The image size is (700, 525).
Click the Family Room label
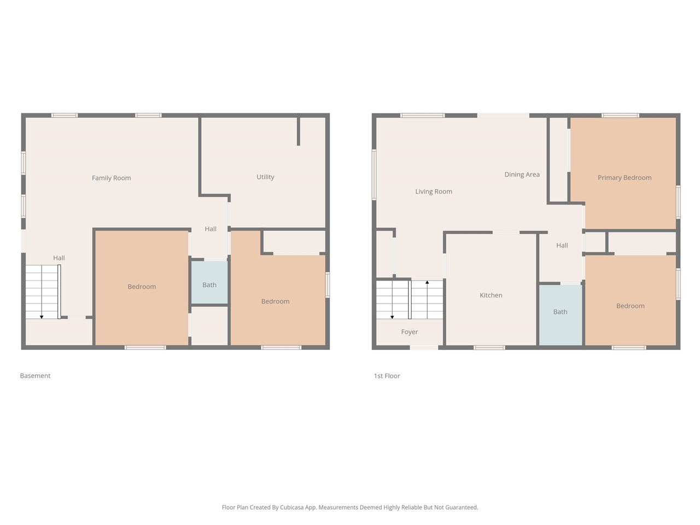point(111,178)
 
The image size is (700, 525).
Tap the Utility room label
point(265,177)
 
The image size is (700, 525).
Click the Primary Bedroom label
point(625,178)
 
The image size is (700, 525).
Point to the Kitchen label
point(491,295)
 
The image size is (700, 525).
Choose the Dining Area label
point(522,174)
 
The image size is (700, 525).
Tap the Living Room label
point(433,191)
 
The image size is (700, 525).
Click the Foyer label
point(409,332)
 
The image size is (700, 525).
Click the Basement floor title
point(35,376)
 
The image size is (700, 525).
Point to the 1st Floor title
point(387,376)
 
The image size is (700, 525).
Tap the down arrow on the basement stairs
point(42,316)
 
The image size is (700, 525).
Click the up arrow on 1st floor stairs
point(427,283)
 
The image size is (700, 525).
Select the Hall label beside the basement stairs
point(59,258)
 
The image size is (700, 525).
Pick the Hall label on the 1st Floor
point(562,246)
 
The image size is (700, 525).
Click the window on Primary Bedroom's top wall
point(620,115)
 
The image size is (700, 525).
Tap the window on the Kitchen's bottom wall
point(489,347)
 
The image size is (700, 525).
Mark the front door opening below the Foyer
point(424,347)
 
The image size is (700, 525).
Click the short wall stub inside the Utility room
point(298,131)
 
